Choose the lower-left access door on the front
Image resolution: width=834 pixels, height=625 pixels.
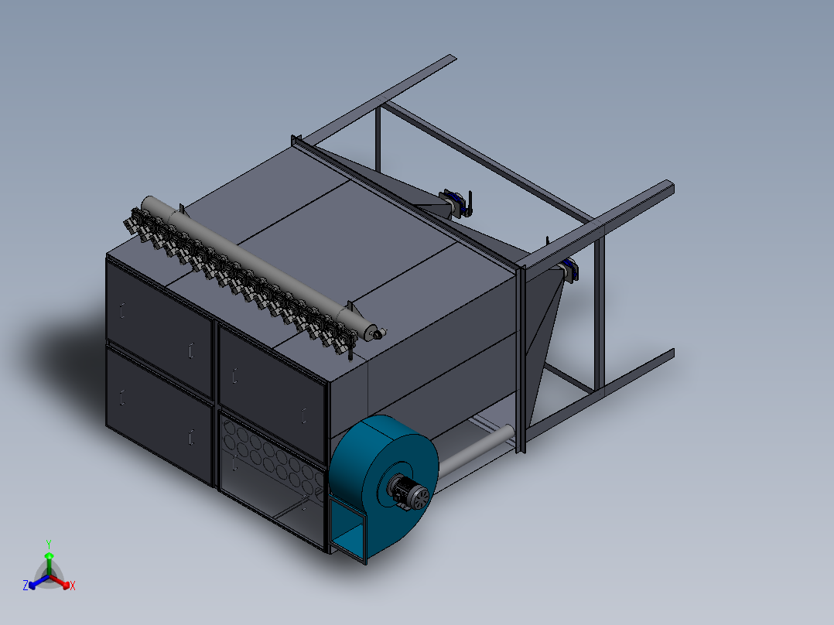(159, 415)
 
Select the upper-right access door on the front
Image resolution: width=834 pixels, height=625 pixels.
(272, 394)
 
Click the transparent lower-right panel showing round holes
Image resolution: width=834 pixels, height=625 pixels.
(272, 480)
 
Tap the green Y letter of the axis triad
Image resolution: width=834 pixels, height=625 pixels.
(49, 544)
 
